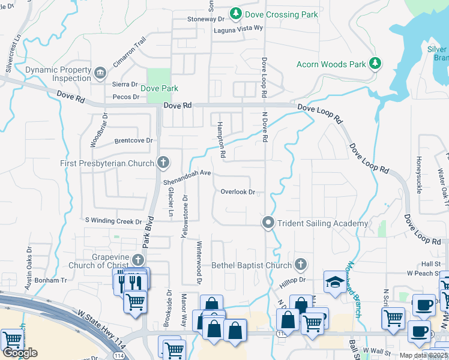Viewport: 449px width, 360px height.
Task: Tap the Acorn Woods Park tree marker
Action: point(376,63)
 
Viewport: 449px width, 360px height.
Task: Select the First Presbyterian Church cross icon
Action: point(163,163)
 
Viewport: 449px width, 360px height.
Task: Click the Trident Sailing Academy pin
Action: point(268,223)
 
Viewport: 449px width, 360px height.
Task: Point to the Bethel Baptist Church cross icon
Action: point(301,265)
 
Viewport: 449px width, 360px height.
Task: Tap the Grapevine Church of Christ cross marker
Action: point(139,260)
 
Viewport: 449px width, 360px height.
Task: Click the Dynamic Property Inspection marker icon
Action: point(100,74)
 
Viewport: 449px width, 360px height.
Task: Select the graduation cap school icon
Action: point(333,282)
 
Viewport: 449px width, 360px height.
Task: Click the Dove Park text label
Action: point(159,88)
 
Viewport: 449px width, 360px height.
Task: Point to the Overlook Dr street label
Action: point(238,193)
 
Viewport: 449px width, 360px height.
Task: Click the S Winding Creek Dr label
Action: point(113,221)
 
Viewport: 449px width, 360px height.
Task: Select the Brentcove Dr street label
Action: point(133,140)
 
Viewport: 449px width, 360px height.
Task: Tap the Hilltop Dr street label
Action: point(294,280)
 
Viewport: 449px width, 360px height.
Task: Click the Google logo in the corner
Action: point(20,353)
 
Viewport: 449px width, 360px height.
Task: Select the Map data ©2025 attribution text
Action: point(423,355)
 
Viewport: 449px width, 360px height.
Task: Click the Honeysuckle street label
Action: point(418,175)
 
